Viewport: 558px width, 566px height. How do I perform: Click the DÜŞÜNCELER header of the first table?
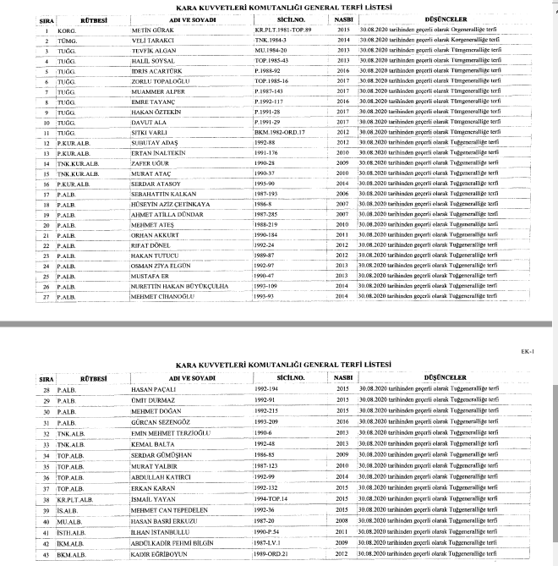coord(449,19)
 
